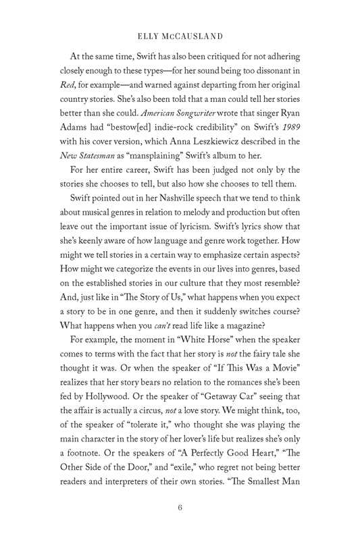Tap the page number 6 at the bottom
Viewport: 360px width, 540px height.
(x=180, y=508)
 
